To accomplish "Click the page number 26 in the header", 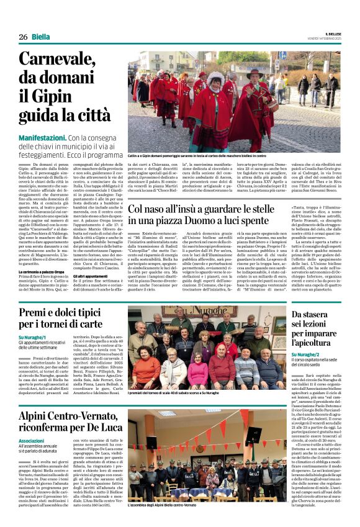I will click(22, 37).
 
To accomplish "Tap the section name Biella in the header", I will click(41, 37).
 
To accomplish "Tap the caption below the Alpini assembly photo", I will click(161, 523).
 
